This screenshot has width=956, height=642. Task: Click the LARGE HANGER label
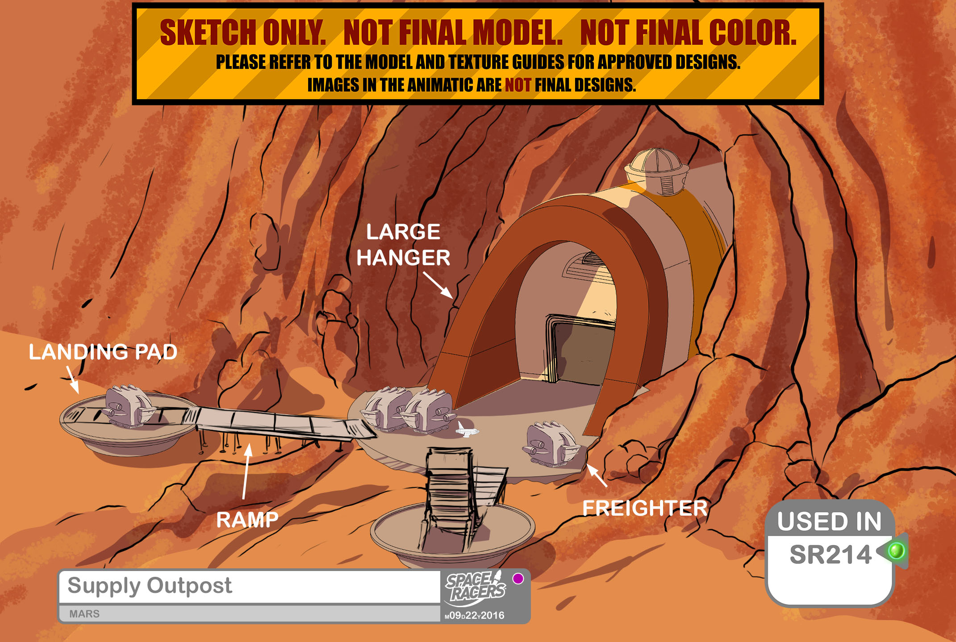click(403, 245)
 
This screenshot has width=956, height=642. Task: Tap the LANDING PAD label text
click(103, 352)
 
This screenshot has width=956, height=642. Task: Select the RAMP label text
click(247, 520)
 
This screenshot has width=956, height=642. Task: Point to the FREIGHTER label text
click(645, 508)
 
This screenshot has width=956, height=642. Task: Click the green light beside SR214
click(896, 550)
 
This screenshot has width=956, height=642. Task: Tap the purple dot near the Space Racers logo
click(518, 579)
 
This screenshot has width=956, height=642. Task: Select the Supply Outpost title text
click(150, 585)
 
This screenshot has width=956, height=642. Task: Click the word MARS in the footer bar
click(84, 614)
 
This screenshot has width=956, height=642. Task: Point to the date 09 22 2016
click(475, 615)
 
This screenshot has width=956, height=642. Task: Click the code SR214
click(830, 554)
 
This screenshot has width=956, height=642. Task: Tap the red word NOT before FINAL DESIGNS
click(518, 85)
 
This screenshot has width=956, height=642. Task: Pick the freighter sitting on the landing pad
click(128, 405)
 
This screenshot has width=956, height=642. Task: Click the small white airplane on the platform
click(466, 430)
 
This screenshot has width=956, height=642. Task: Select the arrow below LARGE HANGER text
click(438, 285)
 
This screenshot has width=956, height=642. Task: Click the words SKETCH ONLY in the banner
click(243, 33)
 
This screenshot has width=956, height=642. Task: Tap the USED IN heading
click(829, 521)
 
